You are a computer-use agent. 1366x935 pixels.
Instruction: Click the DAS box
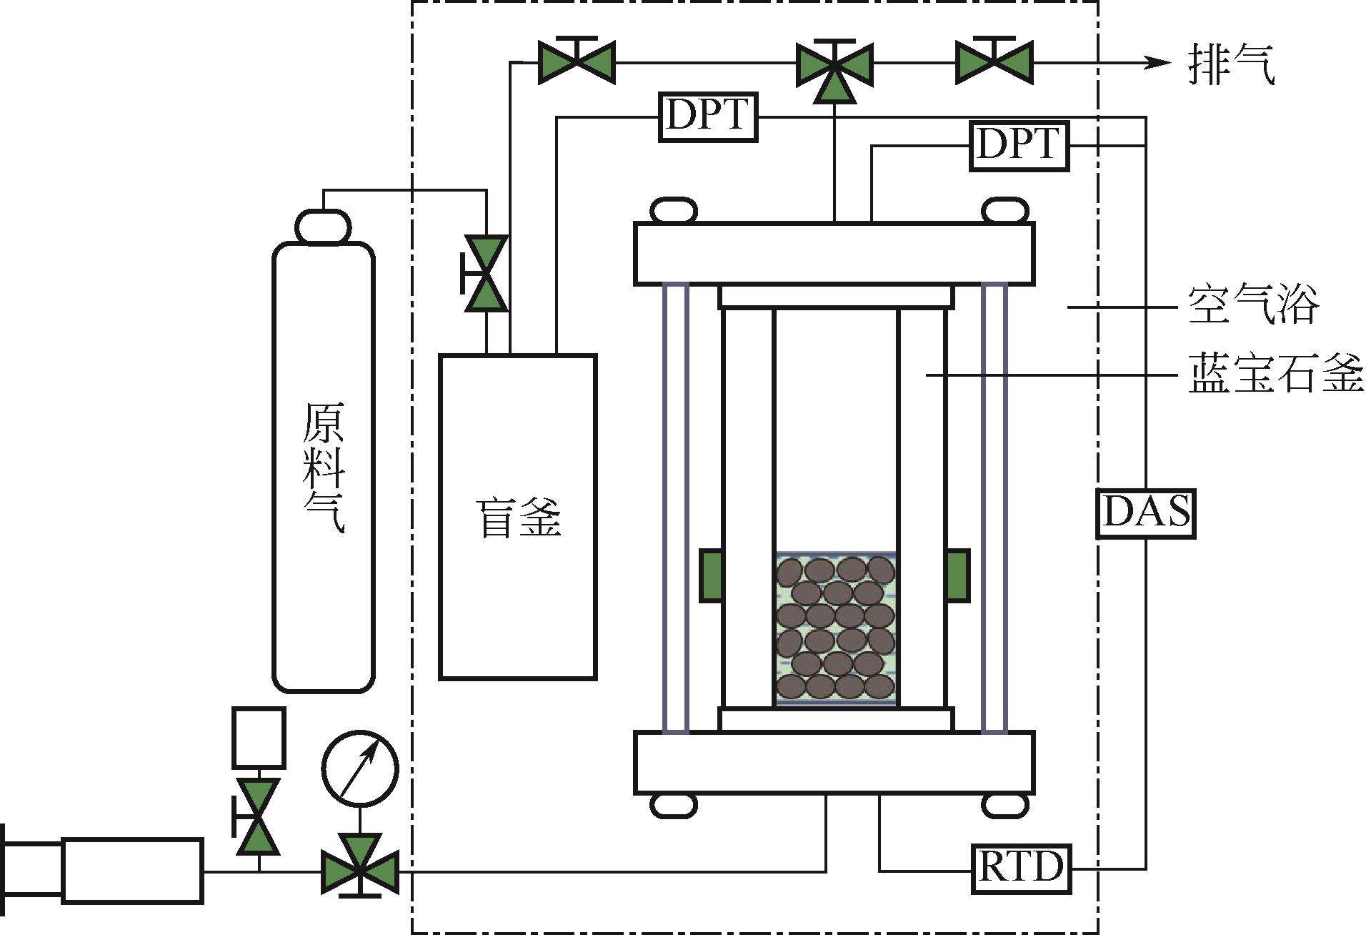coord(1146,513)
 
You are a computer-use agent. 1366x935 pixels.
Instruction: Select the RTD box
coord(1021,869)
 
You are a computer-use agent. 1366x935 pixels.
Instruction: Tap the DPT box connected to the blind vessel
coord(707,117)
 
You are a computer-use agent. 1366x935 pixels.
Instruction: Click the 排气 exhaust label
coord(1231,64)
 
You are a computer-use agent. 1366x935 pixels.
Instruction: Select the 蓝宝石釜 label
coord(1276,373)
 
